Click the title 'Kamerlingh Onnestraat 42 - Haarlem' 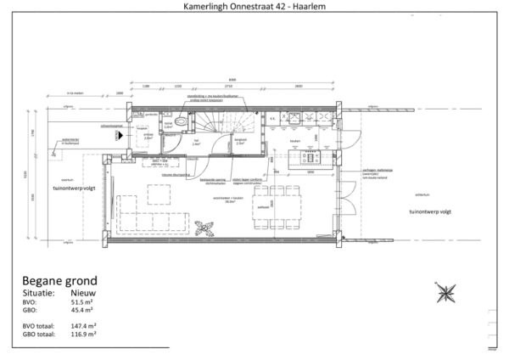[x=254, y=7]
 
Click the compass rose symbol [x=445, y=295]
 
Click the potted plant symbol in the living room [x=204, y=227]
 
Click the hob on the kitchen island [x=309, y=157]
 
